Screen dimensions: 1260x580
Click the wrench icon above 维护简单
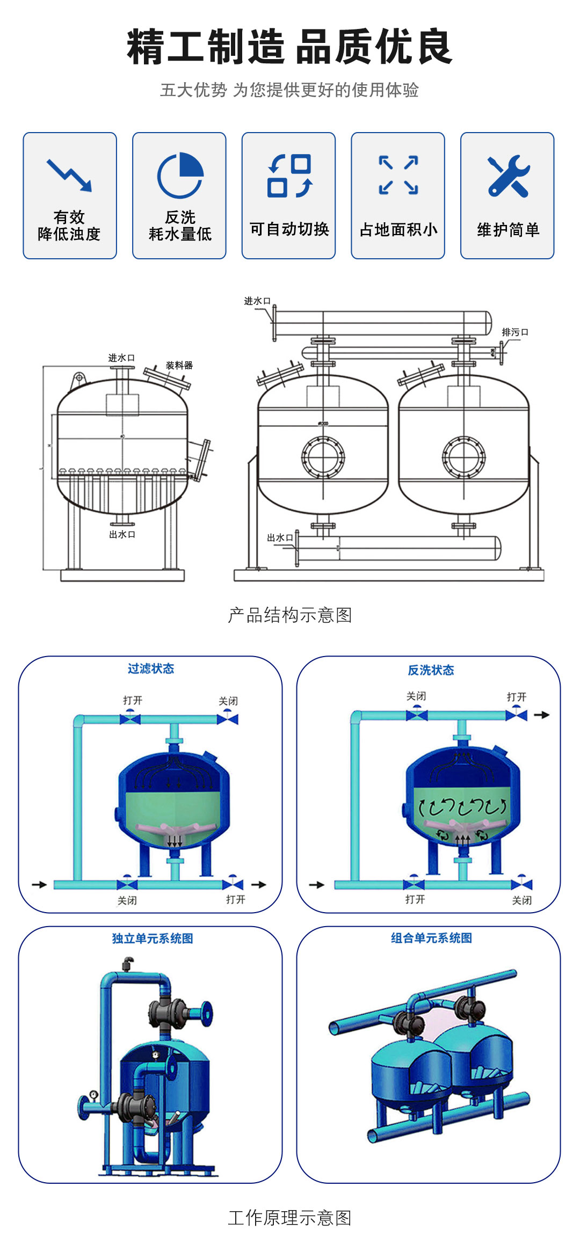pos(508,176)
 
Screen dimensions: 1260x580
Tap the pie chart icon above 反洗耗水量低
pos(180,175)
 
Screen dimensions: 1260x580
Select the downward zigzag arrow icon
pos(70,175)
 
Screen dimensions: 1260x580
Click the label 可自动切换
pos(289,229)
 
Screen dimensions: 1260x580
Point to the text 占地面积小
pos(398,230)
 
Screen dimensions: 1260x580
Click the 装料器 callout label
pos(179,366)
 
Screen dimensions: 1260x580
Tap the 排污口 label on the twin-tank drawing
pos(515,332)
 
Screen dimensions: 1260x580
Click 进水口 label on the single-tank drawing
pos(121,358)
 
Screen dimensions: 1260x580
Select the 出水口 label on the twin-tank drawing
pos(280,537)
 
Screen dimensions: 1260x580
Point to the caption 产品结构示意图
pos(290,615)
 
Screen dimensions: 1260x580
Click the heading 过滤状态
pos(151,668)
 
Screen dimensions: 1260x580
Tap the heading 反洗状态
pos(431,670)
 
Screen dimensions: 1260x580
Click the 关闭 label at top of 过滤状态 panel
pos(228,701)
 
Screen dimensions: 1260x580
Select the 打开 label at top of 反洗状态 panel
pos(517,697)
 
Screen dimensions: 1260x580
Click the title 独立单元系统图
pos(153,938)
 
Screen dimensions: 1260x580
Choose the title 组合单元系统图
pos(431,938)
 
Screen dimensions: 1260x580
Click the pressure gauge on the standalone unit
pos(94,1094)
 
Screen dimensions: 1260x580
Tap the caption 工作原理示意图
pos(290,1218)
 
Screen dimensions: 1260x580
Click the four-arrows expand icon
pos(398,175)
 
